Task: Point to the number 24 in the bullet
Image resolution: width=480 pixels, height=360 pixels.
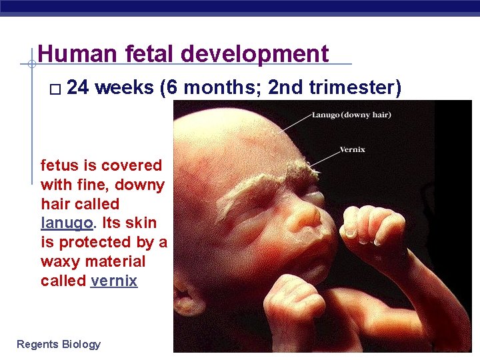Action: tap(79, 89)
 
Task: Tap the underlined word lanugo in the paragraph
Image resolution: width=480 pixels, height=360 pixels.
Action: tap(61, 223)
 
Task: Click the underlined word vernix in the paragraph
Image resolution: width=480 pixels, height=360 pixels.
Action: tap(114, 281)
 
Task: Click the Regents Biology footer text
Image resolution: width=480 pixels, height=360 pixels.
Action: tap(59, 344)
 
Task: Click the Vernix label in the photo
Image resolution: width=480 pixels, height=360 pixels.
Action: tap(352, 149)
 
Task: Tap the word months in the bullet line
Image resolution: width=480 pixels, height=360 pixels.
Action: tap(221, 89)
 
